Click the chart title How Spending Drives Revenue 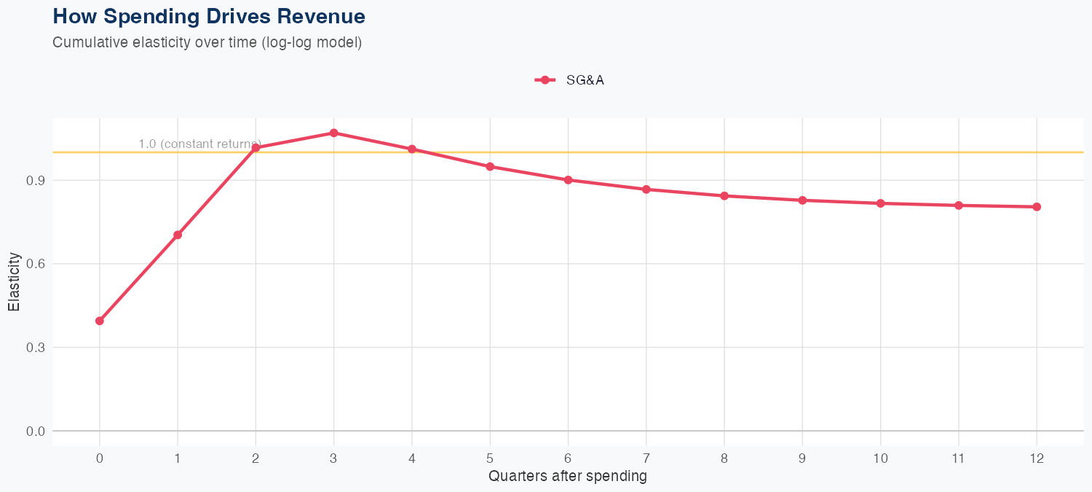[209, 16]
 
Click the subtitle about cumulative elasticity [207, 42]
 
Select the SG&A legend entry [570, 80]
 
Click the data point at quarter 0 [100, 321]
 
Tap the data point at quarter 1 [178, 235]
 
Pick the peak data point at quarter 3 [333, 133]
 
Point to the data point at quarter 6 [568, 180]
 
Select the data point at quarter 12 [1037, 207]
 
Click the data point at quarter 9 [802, 200]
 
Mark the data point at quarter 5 [490, 167]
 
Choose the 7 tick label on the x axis [646, 458]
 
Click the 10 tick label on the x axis [880, 458]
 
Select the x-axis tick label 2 [256, 458]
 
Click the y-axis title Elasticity [14, 281]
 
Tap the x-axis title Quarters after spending [568, 477]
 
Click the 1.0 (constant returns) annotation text [199, 144]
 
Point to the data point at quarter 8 [724, 196]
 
